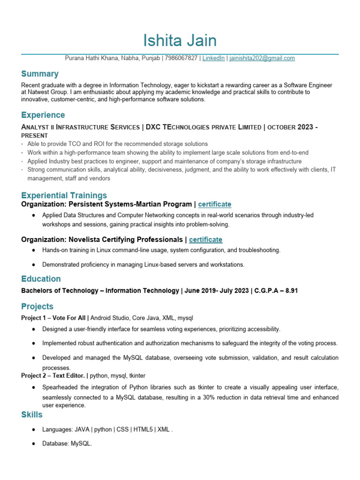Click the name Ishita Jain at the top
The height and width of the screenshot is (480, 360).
coord(180,41)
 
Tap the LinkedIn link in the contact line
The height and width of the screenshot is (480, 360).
coord(214,58)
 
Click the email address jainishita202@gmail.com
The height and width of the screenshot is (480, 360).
coord(262,58)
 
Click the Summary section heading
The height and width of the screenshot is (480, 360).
coord(40,74)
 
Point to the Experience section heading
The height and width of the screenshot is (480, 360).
coord(43,115)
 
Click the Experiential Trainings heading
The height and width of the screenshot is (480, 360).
coord(64,195)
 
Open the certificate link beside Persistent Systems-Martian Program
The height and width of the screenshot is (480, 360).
coord(215,204)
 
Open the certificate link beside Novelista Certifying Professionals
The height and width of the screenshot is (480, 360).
coord(206,240)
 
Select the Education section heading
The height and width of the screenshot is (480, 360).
coord(41,279)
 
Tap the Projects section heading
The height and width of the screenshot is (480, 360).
coord(37,307)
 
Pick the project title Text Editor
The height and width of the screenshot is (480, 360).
coord(69,376)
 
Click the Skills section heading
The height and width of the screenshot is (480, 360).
coord(32,415)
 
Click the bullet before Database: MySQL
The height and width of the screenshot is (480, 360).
coord(35,443)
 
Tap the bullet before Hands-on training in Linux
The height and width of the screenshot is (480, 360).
coord(35,250)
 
